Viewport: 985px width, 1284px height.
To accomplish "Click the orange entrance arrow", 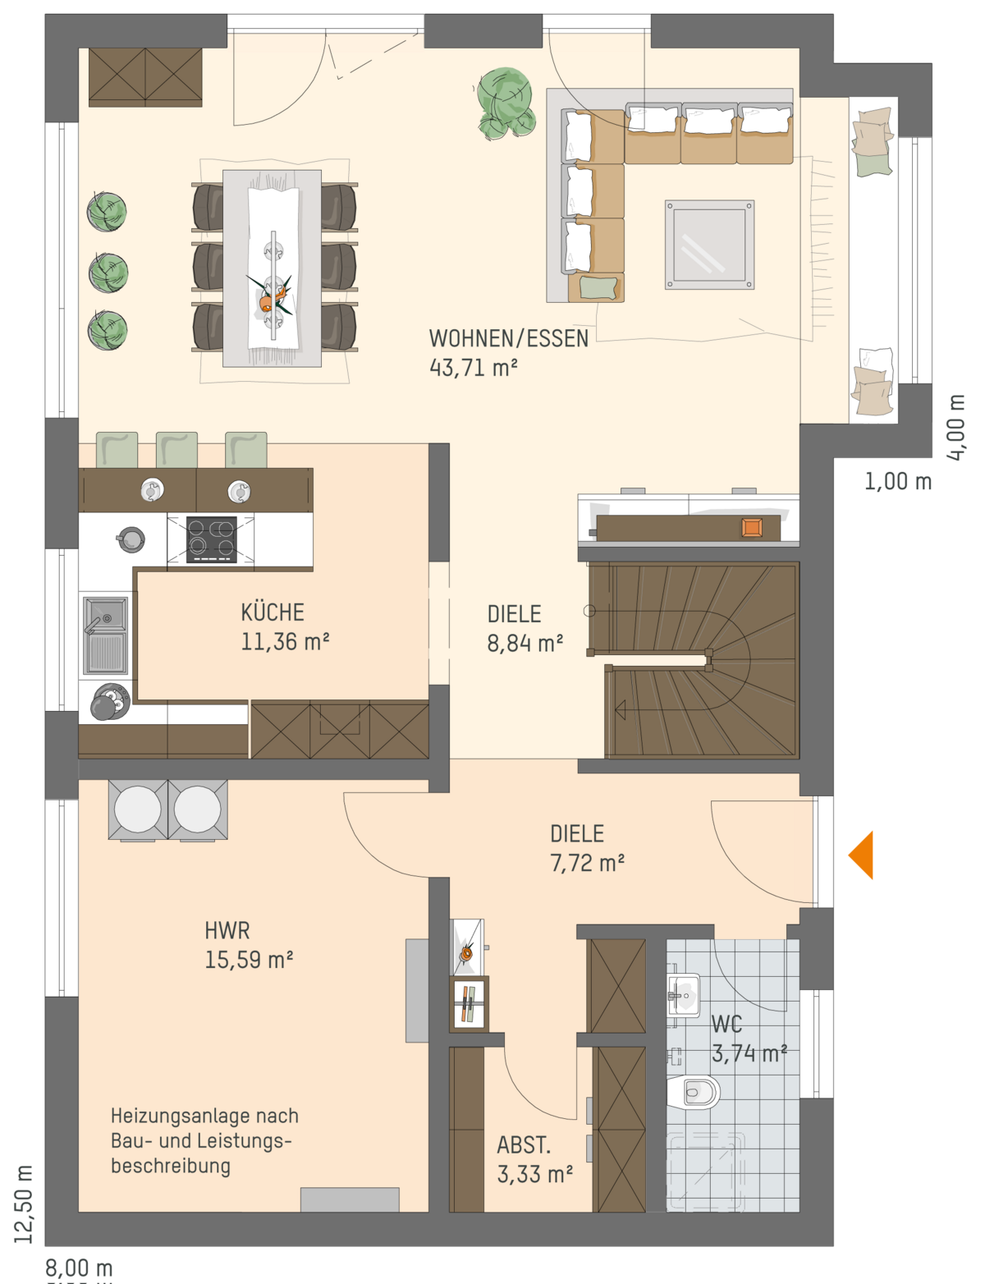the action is click(x=861, y=855).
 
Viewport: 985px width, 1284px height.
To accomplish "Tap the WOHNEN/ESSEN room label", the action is click(x=508, y=338).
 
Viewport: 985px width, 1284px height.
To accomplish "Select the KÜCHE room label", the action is click(x=273, y=612).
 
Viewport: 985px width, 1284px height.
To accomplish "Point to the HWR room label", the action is click(x=227, y=931).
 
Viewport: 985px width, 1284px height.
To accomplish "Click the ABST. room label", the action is click(x=524, y=1145).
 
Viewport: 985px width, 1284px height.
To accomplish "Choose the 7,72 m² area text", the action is click(x=588, y=864).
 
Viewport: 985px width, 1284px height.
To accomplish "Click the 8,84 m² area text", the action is click(x=525, y=643).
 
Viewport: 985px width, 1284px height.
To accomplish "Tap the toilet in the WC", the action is click(x=694, y=1092).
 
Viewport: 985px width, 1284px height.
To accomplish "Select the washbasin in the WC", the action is click(x=684, y=995).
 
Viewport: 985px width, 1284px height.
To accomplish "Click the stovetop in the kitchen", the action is click(x=212, y=539).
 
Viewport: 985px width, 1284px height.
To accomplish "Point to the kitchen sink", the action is click(x=105, y=635).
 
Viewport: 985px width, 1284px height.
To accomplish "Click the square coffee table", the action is click(x=709, y=245).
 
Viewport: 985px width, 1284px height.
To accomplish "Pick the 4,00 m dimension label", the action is click(x=956, y=427).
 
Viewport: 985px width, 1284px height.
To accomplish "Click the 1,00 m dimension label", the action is click(x=898, y=482).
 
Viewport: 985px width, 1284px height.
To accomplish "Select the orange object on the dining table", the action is click(x=268, y=301).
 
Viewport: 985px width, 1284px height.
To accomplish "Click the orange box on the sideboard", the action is click(x=752, y=527).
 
